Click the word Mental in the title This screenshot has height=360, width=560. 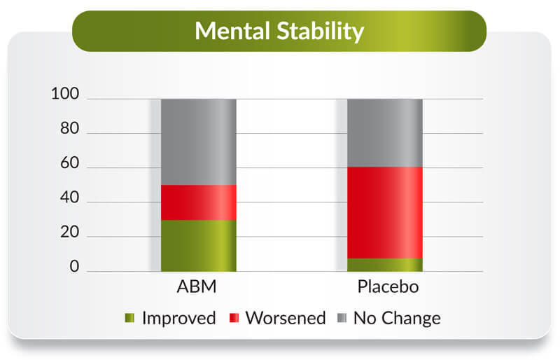point(232,31)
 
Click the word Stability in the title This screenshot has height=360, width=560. point(321,32)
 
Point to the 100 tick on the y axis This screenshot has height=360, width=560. point(65,94)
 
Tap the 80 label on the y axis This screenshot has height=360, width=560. point(69,128)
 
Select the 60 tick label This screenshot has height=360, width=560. point(69,162)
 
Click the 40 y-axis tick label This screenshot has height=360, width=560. point(69,197)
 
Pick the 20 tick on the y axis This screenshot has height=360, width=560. point(69,232)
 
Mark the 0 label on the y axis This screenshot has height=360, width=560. point(74,266)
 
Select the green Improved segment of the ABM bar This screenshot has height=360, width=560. point(199,246)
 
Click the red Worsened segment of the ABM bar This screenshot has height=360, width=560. point(199,202)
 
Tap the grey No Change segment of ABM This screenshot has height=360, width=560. point(199,142)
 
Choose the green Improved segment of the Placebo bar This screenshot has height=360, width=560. point(385,265)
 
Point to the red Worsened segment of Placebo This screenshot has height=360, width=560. point(385,213)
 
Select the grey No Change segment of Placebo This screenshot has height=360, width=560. point(385,133)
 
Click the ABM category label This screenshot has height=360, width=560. point(197,286)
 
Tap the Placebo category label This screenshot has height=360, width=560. point(388,286)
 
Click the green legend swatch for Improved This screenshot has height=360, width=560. point(129,318)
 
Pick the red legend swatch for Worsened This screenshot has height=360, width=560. point(234,318)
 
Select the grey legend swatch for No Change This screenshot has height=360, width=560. point(342,318)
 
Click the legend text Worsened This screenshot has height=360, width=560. point(286,318)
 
